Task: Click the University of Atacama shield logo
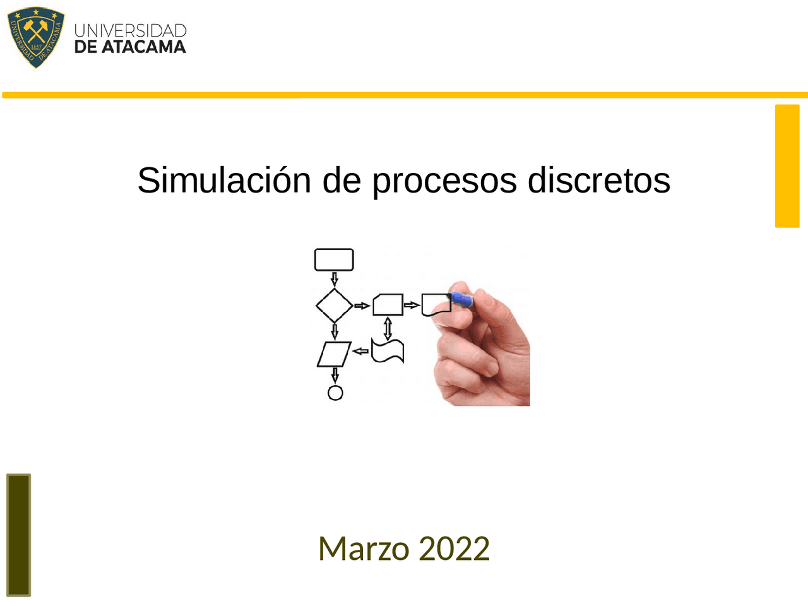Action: (x=36, y=37)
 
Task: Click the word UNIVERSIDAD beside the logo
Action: (x=130, y=30)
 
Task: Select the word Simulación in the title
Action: (x=224, y=181)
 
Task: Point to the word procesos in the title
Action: (x=444, y=181)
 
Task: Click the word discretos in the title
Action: (x=598, y=181)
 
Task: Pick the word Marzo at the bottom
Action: (x=363, y=548)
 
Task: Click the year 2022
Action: (x=454, y=548)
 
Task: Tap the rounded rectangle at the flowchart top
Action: (x=334, y=259)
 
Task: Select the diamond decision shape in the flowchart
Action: (x=335, y=306)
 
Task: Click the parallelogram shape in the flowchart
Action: (x=334, y=353)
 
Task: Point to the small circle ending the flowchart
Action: (x=335, y=393)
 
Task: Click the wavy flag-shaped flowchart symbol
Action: (x=388, y=351)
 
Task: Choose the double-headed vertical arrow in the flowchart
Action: (x=388, y=328)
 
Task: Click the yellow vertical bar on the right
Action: (x=787, y=165)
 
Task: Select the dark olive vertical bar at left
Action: (x=18, y=535)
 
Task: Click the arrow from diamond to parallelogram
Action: (x=335, y=331)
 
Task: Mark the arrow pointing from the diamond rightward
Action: (x=362, y=306)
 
